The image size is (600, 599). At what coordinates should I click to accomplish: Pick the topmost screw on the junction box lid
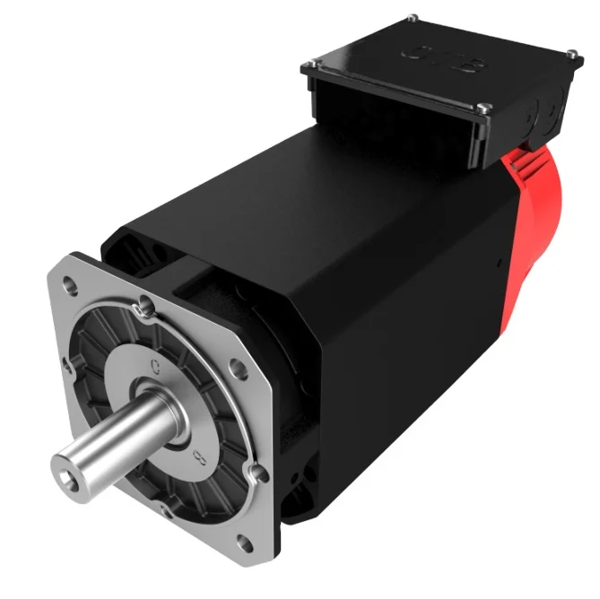click(411, 19)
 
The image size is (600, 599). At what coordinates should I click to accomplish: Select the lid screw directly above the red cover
click(485, 109)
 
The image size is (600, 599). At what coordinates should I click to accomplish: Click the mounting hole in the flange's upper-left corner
click(69, 284)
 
